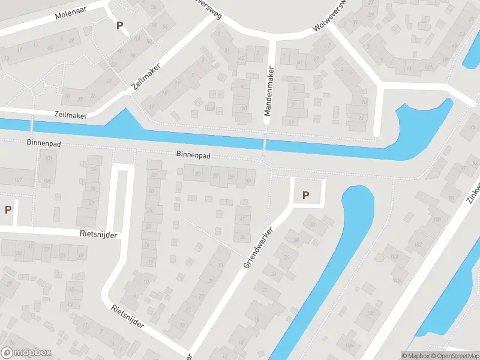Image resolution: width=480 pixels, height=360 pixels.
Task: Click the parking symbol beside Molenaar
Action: (x=119, y=26)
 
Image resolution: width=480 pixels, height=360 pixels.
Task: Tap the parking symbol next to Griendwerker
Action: (x=306, y=195)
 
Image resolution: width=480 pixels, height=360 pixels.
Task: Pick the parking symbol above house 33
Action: (x=8, y=210)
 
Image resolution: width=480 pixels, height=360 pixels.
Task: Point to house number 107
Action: (x=18, y=180)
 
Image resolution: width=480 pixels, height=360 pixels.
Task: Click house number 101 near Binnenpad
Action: (x=49, y=159)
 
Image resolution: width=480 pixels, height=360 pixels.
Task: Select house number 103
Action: (x=394, y=257)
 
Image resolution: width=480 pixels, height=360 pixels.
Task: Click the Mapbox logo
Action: (x=26, y=353)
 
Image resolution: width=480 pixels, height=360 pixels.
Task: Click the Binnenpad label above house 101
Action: (x=41, y=144)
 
